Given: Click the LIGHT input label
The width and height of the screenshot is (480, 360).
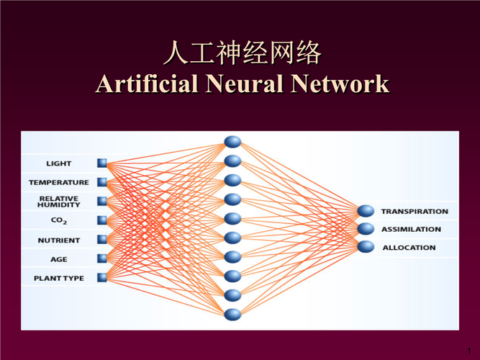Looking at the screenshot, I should coord(58,163).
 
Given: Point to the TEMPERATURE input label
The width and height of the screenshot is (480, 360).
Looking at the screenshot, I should coord(58,182).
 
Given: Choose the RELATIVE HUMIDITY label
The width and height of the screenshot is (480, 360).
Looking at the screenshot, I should coord(58,202).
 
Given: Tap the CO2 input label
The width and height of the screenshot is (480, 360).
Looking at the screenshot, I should coord(58,220).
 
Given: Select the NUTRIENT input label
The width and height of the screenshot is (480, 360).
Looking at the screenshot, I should coord(58,240).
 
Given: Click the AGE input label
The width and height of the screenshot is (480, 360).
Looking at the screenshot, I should coord(58,258).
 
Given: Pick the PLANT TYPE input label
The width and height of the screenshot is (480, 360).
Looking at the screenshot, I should coord(58,277).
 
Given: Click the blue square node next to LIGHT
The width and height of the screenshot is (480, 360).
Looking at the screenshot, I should coord(101,163).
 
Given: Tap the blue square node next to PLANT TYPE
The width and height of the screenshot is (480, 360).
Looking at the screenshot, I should coord(101,277).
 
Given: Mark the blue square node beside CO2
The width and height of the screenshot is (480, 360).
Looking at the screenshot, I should coord(101,220).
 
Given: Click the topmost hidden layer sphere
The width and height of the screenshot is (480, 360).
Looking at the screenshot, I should coord(232,142).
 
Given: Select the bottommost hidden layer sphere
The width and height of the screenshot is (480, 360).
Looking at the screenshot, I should coord(232,314).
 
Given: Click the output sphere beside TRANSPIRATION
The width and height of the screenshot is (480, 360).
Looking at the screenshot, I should coord(367,212).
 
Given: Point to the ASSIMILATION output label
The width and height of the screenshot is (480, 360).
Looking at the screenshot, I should coord(411,229).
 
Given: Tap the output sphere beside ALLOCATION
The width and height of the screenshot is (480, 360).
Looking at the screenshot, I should coord(367,247).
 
